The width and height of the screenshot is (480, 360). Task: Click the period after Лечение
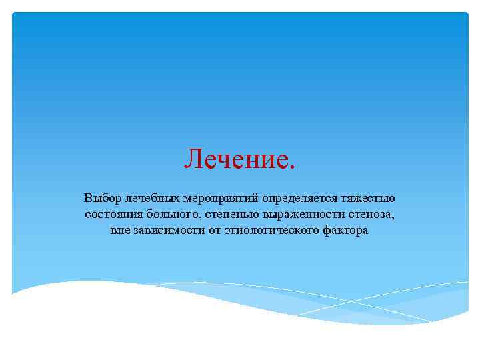click(290, 167)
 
